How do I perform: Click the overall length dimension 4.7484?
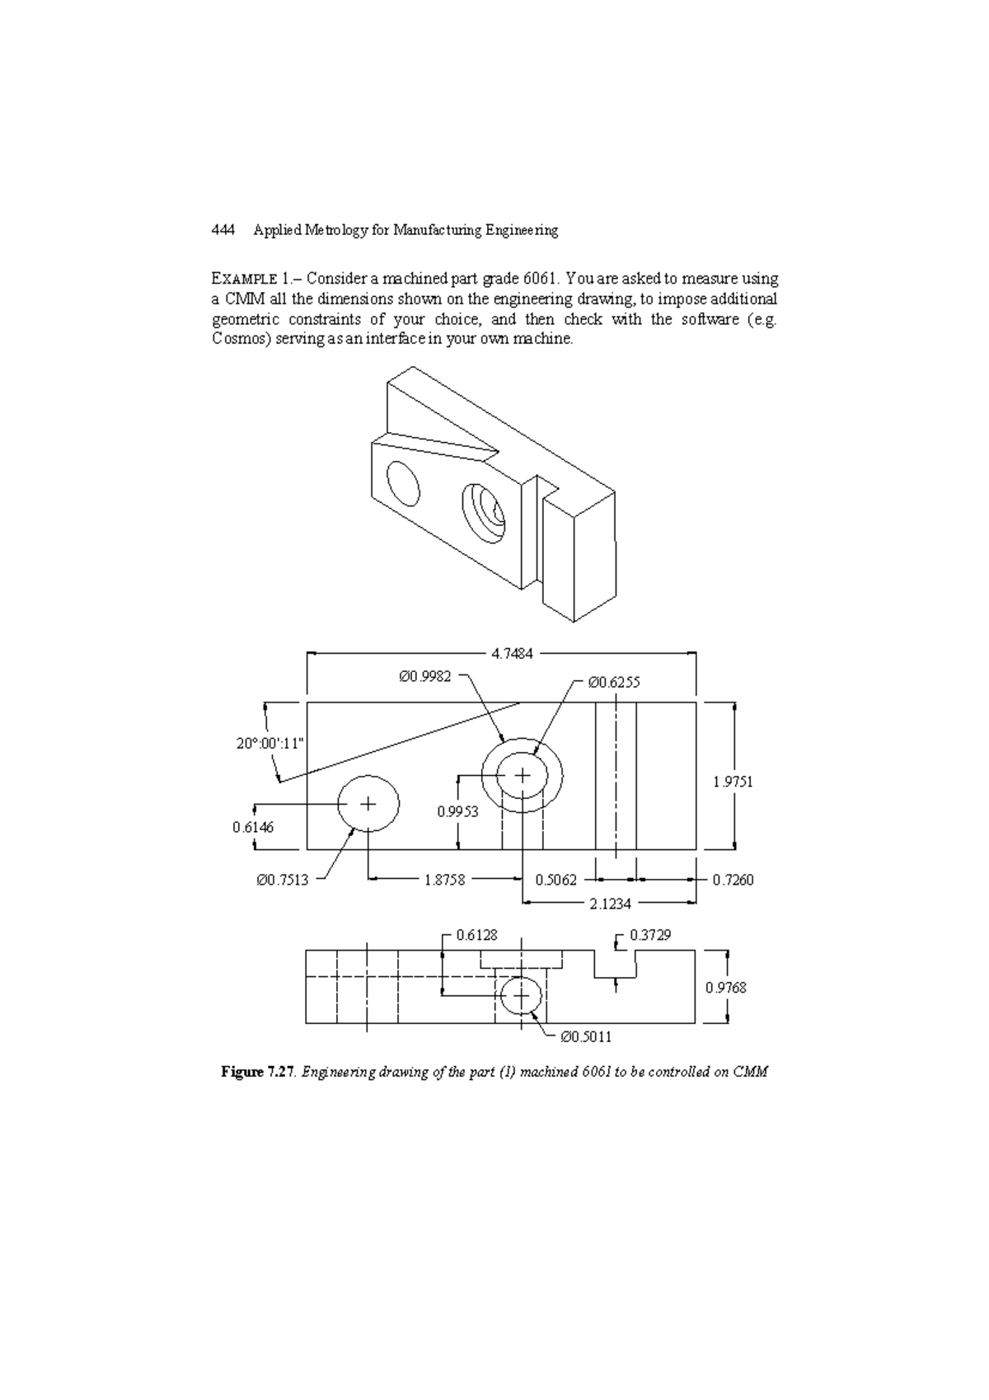point(512,653)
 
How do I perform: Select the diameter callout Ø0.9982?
point(424,676)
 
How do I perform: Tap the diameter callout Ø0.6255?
point(613,682)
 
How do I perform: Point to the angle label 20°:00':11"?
point(270,743)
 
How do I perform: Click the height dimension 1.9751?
point(733,782)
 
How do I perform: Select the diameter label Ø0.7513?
point(282,880)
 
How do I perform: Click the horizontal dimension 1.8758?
point(444,880)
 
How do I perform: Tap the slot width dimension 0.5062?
point(555,880)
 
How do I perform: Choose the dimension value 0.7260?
point(733,880)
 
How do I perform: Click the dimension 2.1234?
point(610,904)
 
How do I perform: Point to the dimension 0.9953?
point(457,811)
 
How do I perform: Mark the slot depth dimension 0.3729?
point(650,935)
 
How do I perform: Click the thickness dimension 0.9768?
point(725,987)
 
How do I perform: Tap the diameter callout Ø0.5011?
point(585,1036)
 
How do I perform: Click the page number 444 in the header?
point(223,230)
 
